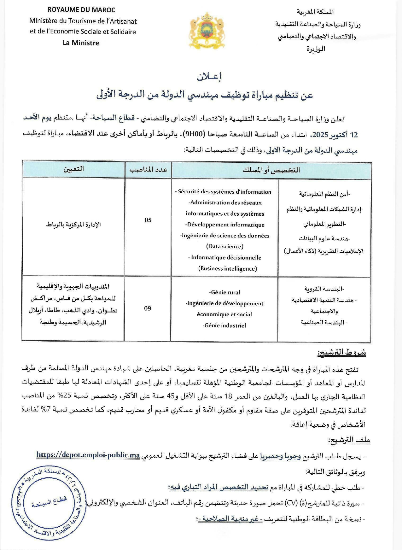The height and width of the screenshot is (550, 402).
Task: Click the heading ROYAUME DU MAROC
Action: [x=81, y=10]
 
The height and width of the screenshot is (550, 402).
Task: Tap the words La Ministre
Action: [x=81, y=43]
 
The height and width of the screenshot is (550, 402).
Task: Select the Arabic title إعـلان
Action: [x=209, y=77]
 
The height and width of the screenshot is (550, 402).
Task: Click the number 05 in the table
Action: [x=148, y=220]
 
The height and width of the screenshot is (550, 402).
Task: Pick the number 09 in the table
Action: [x=148, y=308]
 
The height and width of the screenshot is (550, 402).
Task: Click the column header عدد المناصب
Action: [x=148, y=170]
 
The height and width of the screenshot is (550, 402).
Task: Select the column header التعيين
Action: [x=73, y=169]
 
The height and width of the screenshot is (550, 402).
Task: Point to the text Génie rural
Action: [x=224, y=292]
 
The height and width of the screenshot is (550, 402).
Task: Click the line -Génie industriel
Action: [x=224, y=325]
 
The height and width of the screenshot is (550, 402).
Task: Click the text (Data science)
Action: [x=225, y=246]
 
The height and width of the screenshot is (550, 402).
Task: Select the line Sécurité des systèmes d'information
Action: [x=223, y=192]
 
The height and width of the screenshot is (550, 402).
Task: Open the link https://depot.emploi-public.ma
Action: [x=88, y=455]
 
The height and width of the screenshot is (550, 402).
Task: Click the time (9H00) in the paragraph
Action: [x=195, y=135]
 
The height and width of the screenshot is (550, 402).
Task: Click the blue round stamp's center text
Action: [x=50, y=501]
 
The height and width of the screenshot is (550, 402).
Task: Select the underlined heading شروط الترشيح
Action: [x=341, y=353]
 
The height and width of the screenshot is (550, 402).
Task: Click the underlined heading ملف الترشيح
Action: [x=349, y=440]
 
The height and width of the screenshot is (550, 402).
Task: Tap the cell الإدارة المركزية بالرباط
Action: [x=73, y=225]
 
